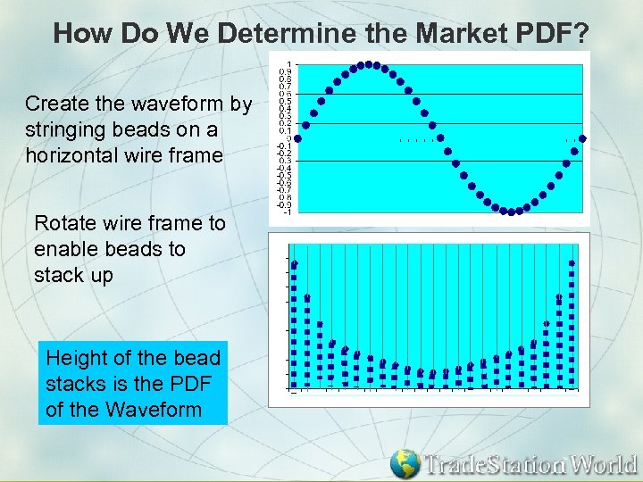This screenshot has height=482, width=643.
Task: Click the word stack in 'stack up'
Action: pyautogui.click(x=58, y=275)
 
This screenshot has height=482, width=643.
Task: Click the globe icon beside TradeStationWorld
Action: pyautogui.click(x=405, y=463)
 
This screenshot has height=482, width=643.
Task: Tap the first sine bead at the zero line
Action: pyautogui.click(x=299, y=138)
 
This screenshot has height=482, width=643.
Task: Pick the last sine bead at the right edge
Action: pyautogui.click(x=582, y=138)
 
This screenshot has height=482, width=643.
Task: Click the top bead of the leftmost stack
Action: pyautogui.click(x=295, y=264)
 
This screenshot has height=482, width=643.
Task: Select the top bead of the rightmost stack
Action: pyautogui.click(x=572, y=262)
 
